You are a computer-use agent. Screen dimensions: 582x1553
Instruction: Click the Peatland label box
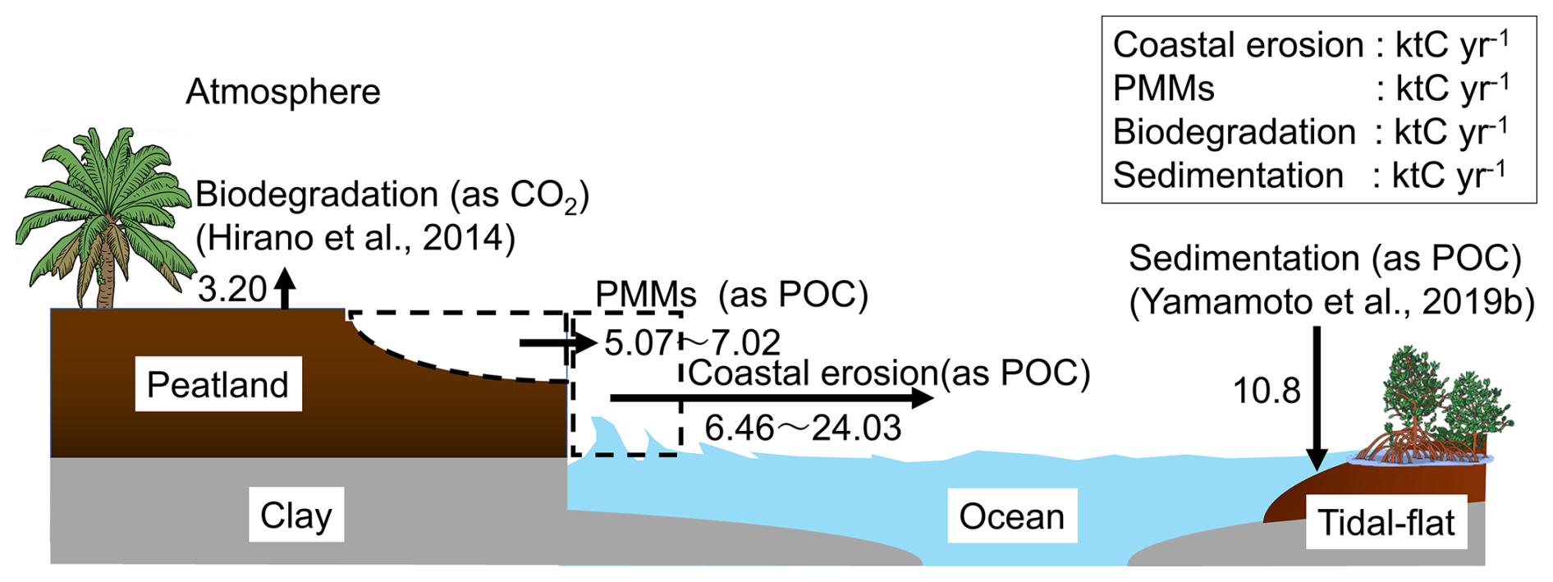click(x=218, y=384)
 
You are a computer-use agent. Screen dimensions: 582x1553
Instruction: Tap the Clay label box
click(x=295, y=515)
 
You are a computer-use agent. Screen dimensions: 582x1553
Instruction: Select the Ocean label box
click(x=1011, y=516)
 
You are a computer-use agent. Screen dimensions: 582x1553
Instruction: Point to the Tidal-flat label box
click(x=1386, y=522)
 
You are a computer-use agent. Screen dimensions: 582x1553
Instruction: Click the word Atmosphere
click(x=283, y=92)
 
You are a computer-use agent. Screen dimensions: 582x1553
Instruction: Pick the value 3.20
click(x=232, y=290)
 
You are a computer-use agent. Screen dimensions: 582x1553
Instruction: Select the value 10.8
click(x=1267, y=392)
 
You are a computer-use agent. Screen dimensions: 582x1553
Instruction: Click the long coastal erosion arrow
click(x=772, y=398)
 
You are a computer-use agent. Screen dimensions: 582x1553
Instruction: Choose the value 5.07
click(x=638, y=343)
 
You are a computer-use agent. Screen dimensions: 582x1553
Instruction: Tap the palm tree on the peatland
click(x=103, y=213)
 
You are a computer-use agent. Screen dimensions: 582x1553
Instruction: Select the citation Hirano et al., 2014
click(x=355, y=238)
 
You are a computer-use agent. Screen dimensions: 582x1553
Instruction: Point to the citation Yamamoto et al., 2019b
click(x=1331, y=302)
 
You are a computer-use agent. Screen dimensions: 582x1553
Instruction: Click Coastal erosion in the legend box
click(x=1238, y=45)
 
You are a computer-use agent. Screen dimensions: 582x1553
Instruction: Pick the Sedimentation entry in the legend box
click(x=1228, y=176)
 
